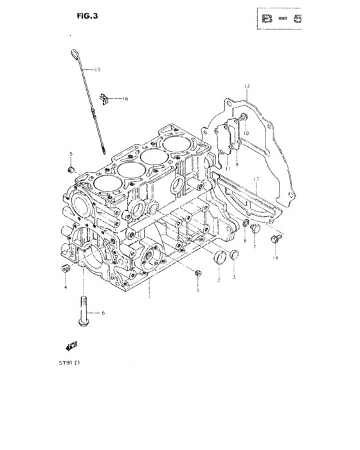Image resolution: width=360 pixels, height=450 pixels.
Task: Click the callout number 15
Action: (x=98, y=69)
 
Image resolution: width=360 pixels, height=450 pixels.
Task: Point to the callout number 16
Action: (x=125, y=98)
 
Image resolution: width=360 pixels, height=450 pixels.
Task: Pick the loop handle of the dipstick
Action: (x=73, y=54)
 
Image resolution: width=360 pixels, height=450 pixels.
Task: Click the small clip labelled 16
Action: (x=105, y=98)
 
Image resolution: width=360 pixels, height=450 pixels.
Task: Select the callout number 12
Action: (x=246, y=85)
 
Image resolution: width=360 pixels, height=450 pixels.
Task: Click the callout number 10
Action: (x=245, y=133)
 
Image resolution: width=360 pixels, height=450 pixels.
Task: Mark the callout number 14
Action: (x=276, y=258)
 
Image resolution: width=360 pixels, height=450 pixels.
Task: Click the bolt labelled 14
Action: (x=276, y=239)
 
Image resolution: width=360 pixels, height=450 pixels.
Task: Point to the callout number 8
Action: (x=244, y=241)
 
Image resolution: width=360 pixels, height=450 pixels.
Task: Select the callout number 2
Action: (x=219, y=280)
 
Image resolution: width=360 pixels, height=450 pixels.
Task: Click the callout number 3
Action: (x=234, y=277)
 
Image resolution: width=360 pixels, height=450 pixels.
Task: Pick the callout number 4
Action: (x=65, y=287)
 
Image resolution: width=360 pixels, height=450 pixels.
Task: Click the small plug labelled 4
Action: (x=65, y=268)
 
